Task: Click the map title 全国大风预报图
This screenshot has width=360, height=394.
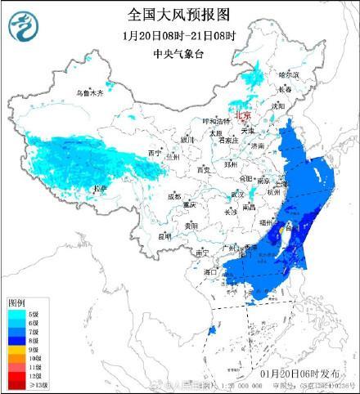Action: [179, 14]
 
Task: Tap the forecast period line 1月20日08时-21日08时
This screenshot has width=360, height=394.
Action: [179, 36]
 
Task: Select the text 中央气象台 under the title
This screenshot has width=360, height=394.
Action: [179, 55]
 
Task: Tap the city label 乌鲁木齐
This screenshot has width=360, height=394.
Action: [91, 93]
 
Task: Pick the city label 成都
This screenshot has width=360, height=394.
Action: [174, 197]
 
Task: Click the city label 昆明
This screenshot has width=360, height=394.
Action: [165, 236]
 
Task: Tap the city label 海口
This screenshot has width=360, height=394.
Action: [210, 271]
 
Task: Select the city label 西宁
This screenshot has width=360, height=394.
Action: [154, 153]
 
